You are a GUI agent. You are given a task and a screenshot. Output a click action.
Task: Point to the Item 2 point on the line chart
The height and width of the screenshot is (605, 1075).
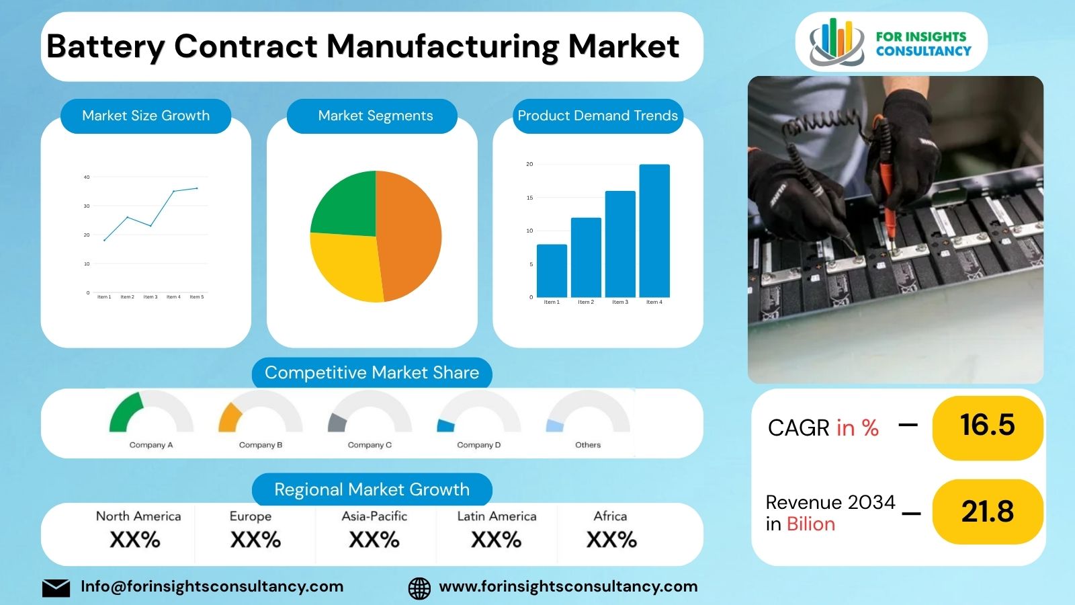click(128, 217)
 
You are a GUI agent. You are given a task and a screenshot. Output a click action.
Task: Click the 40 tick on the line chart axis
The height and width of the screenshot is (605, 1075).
click(87, 177)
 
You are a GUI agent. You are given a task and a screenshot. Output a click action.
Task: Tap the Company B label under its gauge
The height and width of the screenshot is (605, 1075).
click(261, 445)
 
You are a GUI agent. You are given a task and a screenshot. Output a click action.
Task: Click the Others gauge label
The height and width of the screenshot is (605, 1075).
click(588, 445)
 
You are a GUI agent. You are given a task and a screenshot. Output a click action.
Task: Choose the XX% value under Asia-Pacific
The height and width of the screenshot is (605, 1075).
click(374, 540)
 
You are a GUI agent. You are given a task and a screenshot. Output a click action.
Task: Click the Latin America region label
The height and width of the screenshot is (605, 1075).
click(497, 516)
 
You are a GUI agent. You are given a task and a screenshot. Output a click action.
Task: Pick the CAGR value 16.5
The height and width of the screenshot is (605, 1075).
click(987, 426)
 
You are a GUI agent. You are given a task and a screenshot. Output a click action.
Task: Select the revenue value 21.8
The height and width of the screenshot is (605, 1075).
click(987, 512)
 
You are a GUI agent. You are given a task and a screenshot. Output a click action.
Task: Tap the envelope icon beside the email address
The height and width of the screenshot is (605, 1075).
click(56, 588)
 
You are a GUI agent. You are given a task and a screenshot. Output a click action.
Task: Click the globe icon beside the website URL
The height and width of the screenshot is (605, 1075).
click(419, 588)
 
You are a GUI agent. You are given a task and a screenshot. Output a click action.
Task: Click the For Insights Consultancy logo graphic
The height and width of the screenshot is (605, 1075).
click(836, 42)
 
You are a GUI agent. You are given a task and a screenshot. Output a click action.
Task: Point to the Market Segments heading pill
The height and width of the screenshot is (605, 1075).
click(375, 116)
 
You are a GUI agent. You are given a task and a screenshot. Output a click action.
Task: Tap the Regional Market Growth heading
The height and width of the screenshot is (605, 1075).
click(372, 489)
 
